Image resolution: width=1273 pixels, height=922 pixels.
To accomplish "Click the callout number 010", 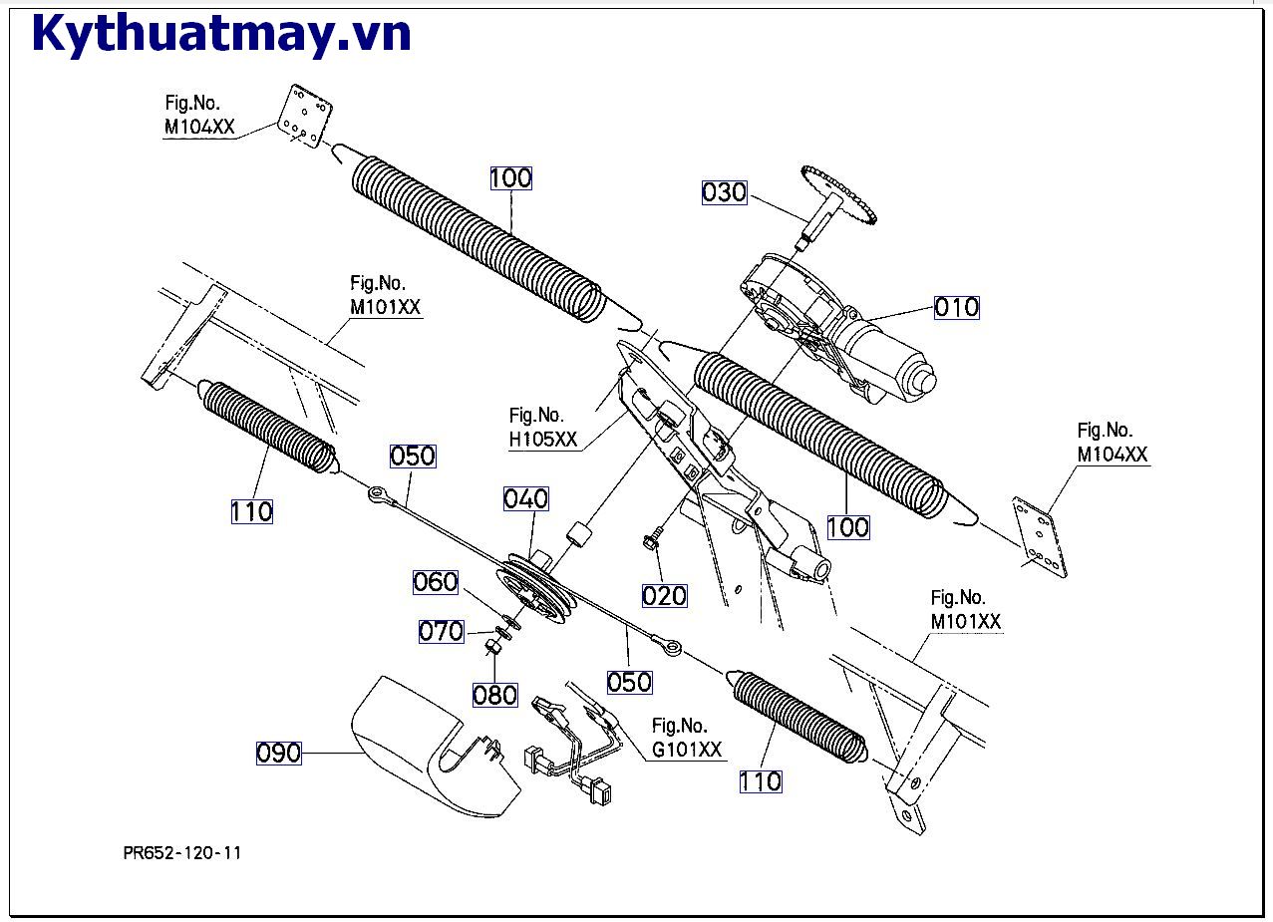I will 957,307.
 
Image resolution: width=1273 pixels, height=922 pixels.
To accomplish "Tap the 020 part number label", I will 664,596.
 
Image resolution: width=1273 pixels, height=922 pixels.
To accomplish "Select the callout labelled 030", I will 724,192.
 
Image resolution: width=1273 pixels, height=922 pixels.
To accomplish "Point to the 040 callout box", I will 525,498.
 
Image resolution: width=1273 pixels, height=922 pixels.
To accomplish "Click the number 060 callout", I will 436,582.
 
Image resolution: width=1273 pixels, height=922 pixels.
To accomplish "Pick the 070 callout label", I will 442,631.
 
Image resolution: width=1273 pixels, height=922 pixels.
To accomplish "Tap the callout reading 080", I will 494,695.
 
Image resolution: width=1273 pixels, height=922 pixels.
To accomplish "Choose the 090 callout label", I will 279,753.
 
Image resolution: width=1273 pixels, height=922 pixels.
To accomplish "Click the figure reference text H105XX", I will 543,441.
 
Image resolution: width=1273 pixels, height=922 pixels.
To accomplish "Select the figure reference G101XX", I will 686,751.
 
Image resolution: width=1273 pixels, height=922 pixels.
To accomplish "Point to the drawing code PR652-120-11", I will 182,853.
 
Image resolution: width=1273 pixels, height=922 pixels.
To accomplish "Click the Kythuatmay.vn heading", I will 221,34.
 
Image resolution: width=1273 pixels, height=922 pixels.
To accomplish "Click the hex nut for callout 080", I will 491,649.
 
